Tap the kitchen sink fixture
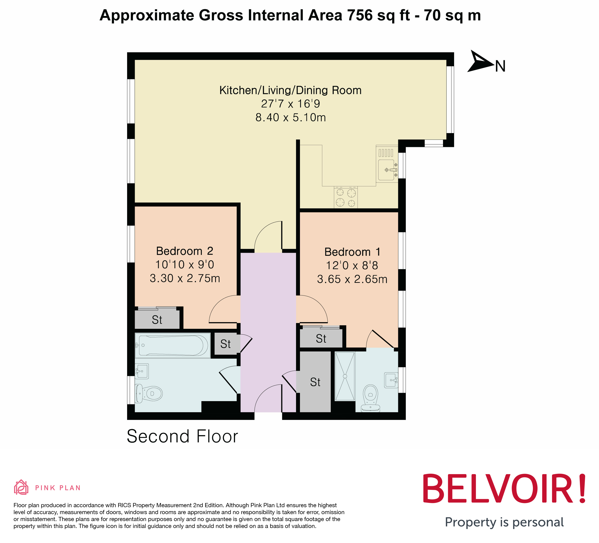[387, 170]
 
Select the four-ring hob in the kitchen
[345, 198]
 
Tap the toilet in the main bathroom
[149, 394]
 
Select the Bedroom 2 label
[184, 251]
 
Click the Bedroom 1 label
[352, 252]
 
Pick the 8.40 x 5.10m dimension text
[290, 117]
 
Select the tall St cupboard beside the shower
[315, 382]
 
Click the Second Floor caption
[182, 436]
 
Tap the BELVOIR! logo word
[504, 489]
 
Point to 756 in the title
[360, 15]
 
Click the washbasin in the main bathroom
[142, 371]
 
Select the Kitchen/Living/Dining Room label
[290, 90]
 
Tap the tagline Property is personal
[504, 522]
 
